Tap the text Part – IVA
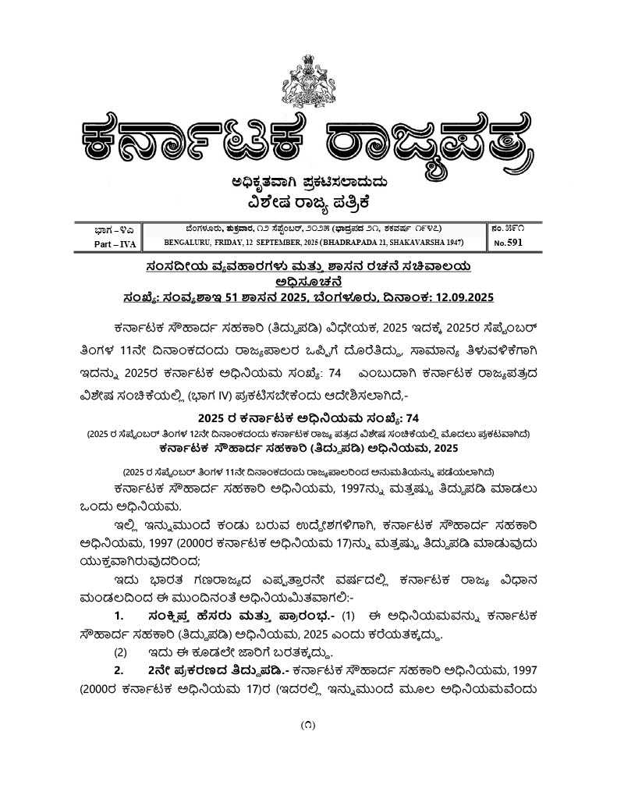[x=106, y=244]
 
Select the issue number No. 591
[x=507, y=243]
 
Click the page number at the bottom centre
[x=307, y=725]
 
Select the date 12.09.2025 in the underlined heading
[x=459, y=298]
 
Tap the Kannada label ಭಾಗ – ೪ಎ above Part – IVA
[x=106, y=229]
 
